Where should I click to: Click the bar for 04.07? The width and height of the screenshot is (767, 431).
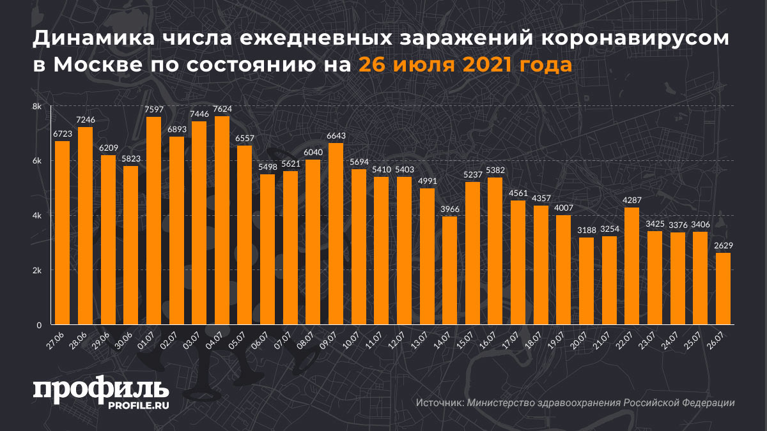tap(222, 220)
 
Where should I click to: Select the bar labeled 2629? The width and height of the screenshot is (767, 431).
tap(722, 289)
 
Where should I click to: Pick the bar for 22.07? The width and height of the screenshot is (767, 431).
tap(631, 266)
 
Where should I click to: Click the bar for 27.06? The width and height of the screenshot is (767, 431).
tap(62, 232)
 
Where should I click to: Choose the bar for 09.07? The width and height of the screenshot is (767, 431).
tap(336, 234)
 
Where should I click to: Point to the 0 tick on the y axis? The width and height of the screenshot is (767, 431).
tap(39, 325)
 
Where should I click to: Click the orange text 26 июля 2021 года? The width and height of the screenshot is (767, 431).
tap(465, 66)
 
